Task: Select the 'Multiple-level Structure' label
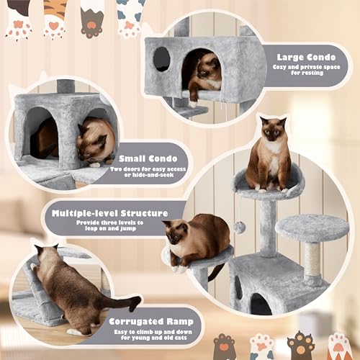[x=105, y=214]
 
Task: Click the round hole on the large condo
[x=161, y=58]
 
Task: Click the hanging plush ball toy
[x=238, y=227]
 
